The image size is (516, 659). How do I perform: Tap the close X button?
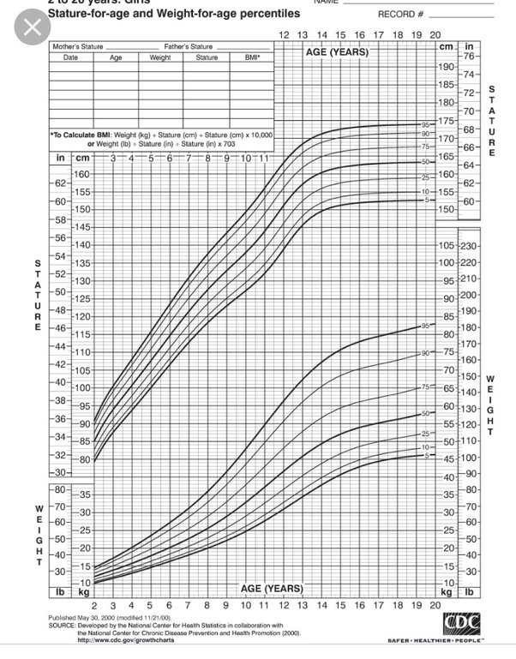[x=32, y=27]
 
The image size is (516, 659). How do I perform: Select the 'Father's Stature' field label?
[x=189, y=46]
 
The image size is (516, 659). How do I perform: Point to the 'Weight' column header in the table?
[x=160, y=57]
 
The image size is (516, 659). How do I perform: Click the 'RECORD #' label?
[x=400, y=15]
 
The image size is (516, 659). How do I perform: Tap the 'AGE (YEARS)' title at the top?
[x=337, y=52]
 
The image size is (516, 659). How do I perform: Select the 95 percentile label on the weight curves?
[x=424, y=327]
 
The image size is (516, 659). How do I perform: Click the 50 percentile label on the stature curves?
[x=424, y=162]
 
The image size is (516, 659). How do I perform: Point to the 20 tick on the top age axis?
[x=435, y=34]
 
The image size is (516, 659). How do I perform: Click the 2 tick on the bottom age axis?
[x=94, y=605]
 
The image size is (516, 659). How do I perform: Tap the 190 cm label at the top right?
[x=445, y=66]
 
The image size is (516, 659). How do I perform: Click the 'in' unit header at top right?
[x=469, y=46]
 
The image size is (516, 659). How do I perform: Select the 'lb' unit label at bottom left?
[x=61, y=591]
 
